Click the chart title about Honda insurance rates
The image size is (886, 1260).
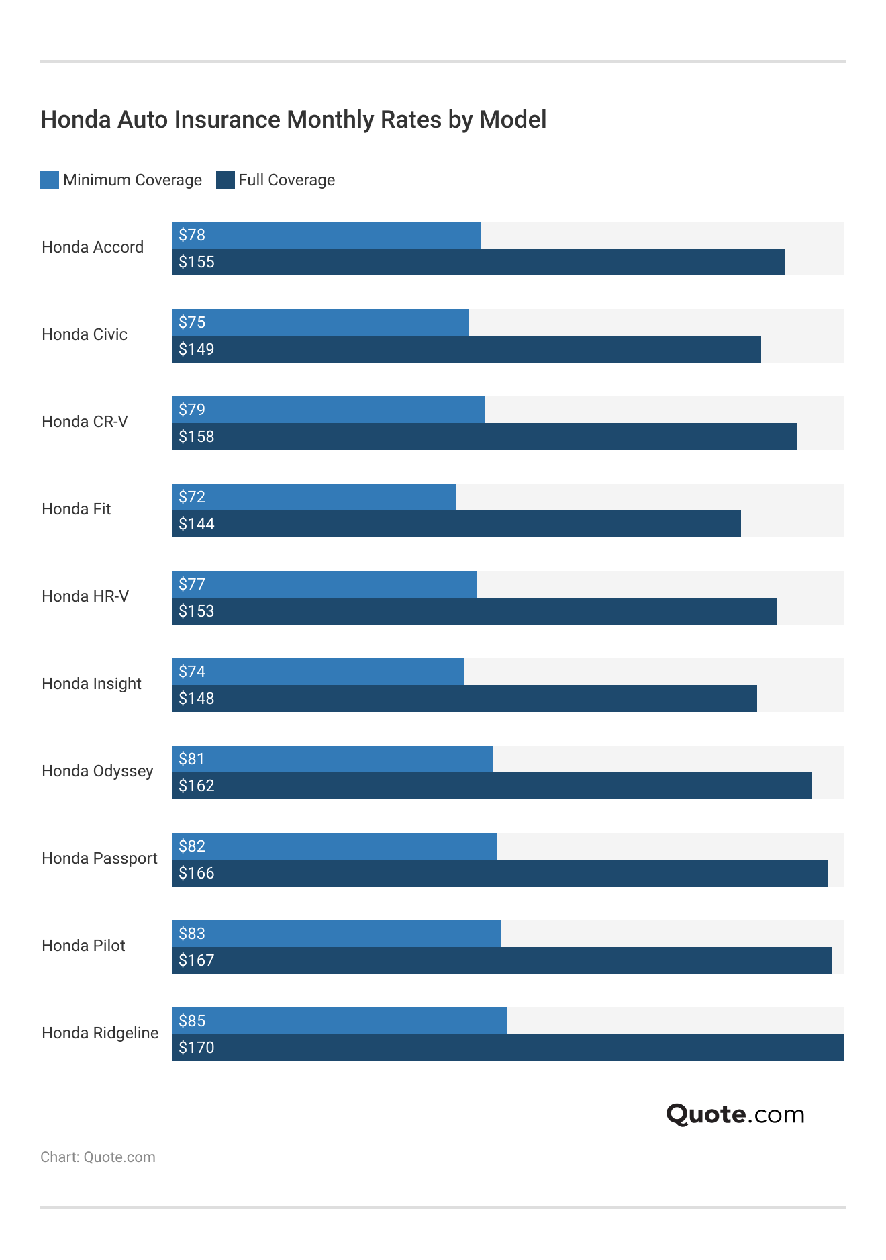(293, 120)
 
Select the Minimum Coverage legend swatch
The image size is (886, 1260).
(50, 180)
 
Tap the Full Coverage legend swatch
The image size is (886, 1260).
(226, 180)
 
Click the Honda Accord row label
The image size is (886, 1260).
(93, 247)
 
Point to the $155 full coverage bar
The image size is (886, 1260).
(478, 262)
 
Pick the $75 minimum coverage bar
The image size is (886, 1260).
(319, 322)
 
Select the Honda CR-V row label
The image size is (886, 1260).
(85, 422)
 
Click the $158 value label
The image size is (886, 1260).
(197, 437)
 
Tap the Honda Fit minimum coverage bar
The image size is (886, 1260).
(313, 497)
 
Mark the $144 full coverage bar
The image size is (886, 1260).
(456, 524)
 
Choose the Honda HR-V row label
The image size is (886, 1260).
(85, 596)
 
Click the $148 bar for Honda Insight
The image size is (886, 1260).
(464, 699)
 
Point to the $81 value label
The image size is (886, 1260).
(192, 759)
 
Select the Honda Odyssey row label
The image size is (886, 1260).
(97, 771)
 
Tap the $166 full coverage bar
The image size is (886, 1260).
(499, 873)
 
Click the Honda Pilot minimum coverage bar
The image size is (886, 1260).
(336, 934)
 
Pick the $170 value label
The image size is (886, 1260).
(197, 1048)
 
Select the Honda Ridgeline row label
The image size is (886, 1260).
(100, 1033)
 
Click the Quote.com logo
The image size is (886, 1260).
(735, 1114)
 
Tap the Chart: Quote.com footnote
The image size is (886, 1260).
(98, 1157)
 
